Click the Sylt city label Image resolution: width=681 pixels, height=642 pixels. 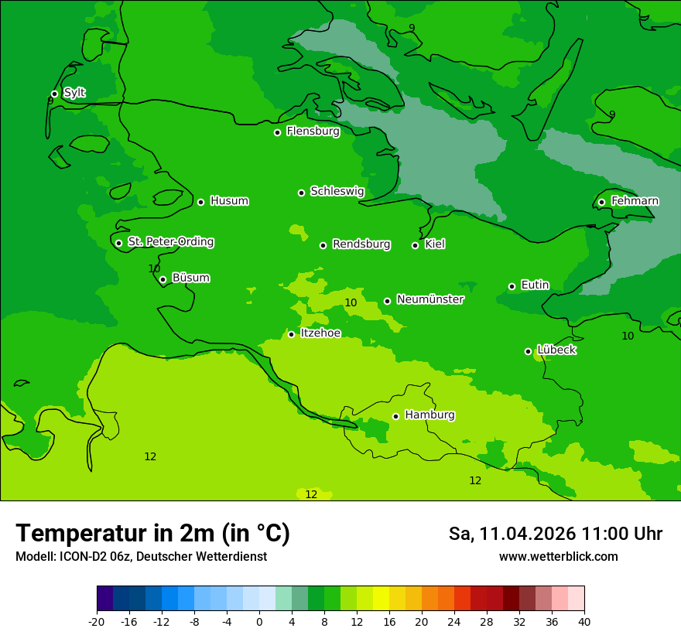click(74, 93)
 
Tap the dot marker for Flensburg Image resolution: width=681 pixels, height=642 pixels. click(277, 132)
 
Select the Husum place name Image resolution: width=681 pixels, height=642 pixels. click(229, 201)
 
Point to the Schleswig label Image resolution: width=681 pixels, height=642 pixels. click(337, 191)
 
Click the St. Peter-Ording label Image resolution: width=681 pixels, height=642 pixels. click(170, 242)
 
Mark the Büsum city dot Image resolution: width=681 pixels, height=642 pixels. click(163, 279)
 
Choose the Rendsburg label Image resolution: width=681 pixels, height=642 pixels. click(361, 244)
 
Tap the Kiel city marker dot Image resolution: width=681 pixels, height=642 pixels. click(415, 245)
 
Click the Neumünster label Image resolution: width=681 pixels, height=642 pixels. click(430, 299)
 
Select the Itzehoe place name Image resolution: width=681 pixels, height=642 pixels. click(320, 333)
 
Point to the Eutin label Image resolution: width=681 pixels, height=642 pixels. click(535, 285)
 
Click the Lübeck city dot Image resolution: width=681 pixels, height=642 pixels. click(528, 351)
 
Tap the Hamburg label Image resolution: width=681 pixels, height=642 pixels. click(429, 415)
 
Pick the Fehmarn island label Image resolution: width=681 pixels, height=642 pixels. click(635, 201)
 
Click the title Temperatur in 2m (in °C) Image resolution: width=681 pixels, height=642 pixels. click(152, 533)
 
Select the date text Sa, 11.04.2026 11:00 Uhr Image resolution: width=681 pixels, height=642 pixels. click(555, 534)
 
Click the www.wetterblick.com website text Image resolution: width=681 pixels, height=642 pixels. click(558, 556)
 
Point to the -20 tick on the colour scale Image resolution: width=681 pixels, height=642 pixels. click(97, 621)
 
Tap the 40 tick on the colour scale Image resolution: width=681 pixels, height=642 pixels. click(584, 621)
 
